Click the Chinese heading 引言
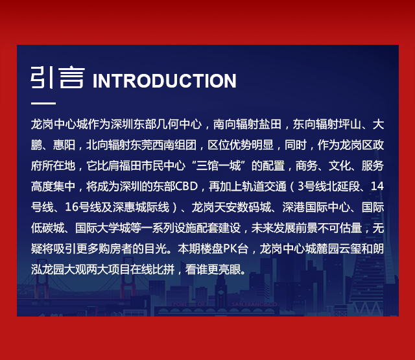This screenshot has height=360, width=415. click(x=58, y=78)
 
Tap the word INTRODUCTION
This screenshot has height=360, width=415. click(x=164, y=80)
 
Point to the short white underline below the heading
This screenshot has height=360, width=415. click(x=43, y=103)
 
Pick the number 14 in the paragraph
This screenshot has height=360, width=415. click(x=377, y=186)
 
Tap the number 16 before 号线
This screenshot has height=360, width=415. click(x=71, y=207)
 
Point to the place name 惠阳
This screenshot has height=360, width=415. click(x=64, y=145)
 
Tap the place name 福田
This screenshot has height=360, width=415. click(x=130, y=165)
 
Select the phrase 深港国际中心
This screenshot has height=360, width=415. click(x=316, y=207)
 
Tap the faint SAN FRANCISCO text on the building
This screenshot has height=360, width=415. click(x=254, y=304)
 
